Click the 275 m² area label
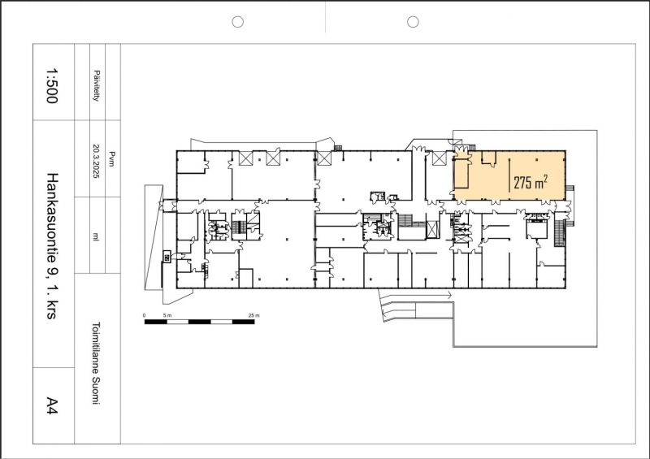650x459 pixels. [x=531, y=182]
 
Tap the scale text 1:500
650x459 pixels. [x=52, y=86]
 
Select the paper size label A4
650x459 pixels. [x=52, y=405]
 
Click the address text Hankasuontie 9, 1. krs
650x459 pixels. [x=51, y=246]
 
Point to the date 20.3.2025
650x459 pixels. [x=96, y=162]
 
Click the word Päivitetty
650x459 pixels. [x=96, y=86]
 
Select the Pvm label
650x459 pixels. [x=111, y=159]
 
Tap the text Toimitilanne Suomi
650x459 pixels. [x=96, y=363]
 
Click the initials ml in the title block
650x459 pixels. [x=96, y=236]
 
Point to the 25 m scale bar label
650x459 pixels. [x=253, y=315]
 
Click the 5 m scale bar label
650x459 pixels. [x=167, y=315]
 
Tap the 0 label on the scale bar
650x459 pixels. [x=145, y=315]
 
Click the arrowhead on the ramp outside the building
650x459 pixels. [x=449, y=295]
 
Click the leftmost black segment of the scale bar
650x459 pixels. [x=155, y=322]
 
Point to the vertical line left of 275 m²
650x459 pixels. [x=509, y=175]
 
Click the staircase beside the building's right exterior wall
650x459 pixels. [x=560, y=233]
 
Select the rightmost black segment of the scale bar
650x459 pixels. [x=243, y=322]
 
